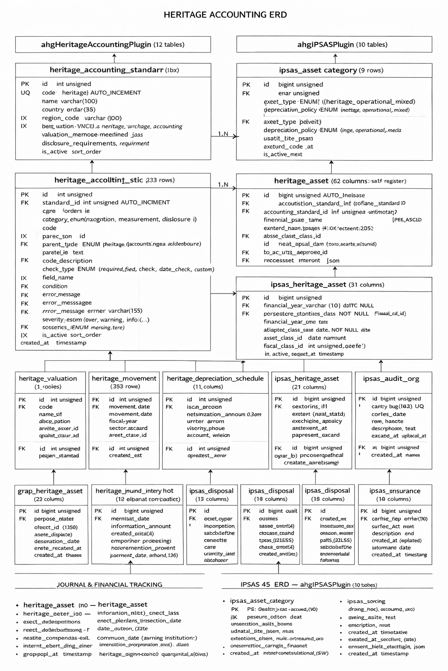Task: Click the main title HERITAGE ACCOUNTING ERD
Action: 225,15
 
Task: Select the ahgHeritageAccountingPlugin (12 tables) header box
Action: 113,45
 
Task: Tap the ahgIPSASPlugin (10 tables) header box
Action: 334,45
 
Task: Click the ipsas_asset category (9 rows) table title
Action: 331,70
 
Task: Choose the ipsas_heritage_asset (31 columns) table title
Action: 327,285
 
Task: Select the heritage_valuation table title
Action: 48,379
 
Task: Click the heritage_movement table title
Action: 124,379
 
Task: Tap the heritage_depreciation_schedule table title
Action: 215,379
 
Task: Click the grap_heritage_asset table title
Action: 50,491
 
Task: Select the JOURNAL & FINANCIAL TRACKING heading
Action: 109,585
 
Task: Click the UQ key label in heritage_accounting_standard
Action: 25,93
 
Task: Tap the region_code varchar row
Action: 82,118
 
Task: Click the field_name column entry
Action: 58,277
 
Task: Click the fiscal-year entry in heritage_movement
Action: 123,421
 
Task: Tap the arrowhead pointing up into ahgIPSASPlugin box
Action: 335,55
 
